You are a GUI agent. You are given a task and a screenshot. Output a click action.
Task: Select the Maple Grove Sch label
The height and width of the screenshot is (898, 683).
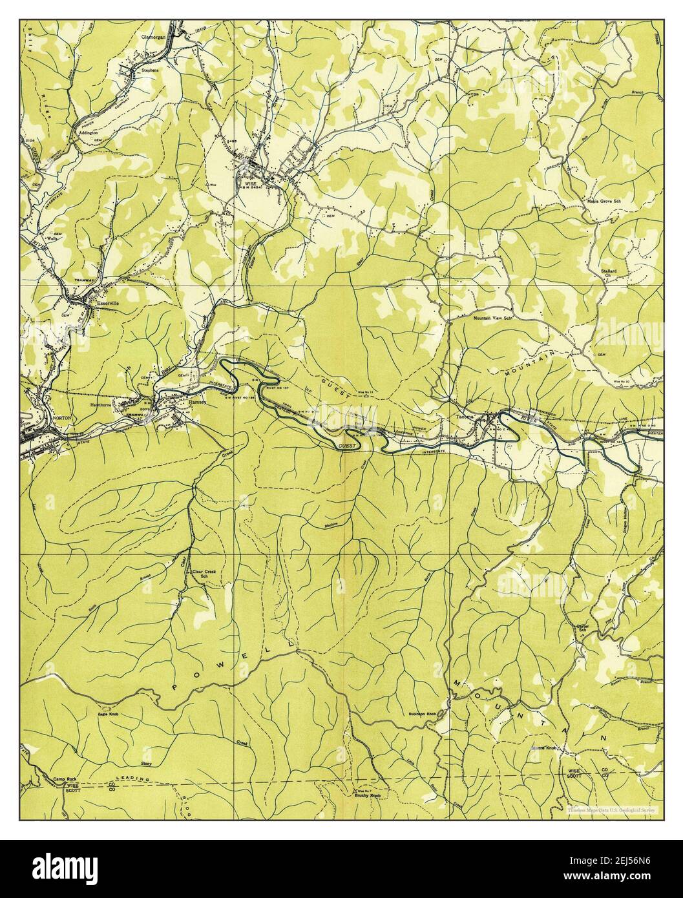pyautogui.click(x=603, y=202)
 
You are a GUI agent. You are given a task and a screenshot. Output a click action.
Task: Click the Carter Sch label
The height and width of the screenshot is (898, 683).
pyautogui.click(x=573, y=629)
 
